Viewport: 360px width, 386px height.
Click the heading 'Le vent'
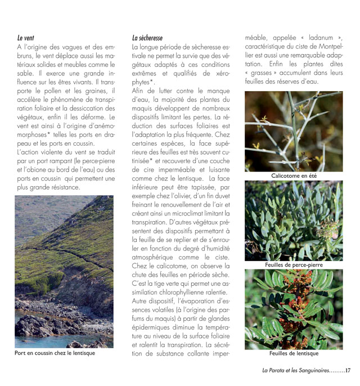[26, 38]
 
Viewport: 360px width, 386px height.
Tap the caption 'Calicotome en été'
[294, 176]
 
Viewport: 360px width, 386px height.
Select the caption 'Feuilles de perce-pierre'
[294, 264]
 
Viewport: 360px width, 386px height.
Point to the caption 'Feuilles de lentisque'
[294, 353]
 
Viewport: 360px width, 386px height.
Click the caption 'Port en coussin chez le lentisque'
[55, 353]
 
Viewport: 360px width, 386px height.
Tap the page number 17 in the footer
[348, 370]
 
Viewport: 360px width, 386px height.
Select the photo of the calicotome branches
[294, 131]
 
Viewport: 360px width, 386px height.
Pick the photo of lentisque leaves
[294, 309]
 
